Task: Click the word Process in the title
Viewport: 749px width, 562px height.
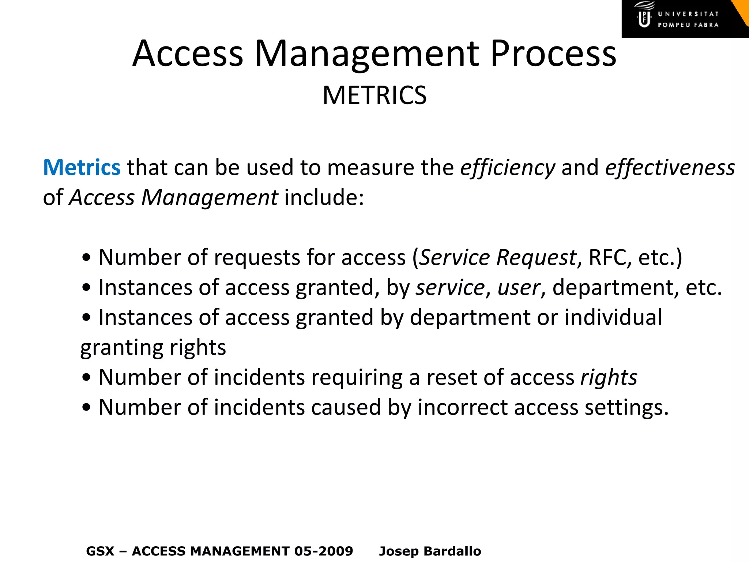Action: click(553, 54)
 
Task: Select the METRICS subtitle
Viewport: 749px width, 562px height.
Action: click(374, 95)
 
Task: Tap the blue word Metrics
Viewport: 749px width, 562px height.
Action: click(82, 168)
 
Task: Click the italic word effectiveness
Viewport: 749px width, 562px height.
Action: click(670, 168)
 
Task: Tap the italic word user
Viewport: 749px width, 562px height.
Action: click(519, 288)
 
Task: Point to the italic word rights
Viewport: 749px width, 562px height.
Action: click(609, 378)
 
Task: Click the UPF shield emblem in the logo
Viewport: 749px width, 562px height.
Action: click(644, 19)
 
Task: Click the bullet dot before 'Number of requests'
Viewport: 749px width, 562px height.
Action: click(86, 258)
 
